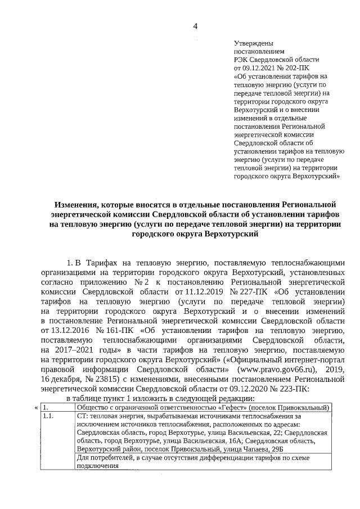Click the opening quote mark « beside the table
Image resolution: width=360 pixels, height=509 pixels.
click(x=36, y=407)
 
